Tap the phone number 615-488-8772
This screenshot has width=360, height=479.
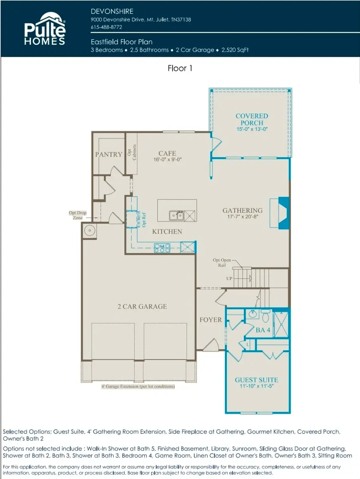[106, 27]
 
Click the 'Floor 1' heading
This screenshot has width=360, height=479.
[180, 68]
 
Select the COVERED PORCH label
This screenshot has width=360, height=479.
[252, 119]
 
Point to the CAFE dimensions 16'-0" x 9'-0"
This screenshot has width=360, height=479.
[167, 160]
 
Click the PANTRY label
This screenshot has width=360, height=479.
[108, 154]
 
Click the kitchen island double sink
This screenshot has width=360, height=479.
[176, 216]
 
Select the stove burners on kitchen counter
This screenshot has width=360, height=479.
[162, 248]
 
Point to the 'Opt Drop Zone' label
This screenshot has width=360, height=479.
[78, 216]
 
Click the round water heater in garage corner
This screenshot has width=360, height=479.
[90, 231]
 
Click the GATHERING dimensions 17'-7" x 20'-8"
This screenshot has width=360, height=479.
[242, 217]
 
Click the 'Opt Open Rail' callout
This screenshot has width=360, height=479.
[222, 262]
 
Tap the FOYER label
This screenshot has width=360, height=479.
[210, 319]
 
